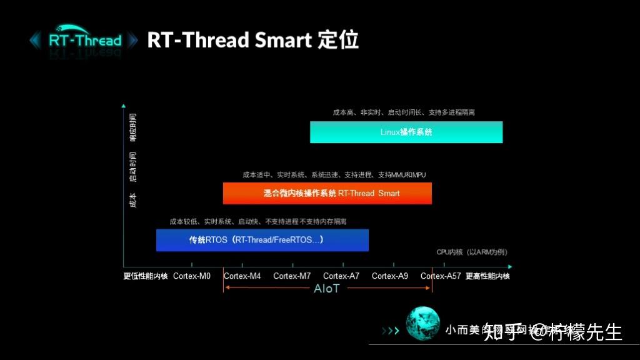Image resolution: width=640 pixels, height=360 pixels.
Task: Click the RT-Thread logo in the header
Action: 84,41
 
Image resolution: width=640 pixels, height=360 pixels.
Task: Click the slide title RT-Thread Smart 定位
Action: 252,40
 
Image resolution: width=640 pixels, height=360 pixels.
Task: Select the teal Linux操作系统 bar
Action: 406,132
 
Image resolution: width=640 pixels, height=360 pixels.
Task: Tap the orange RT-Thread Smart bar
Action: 327,193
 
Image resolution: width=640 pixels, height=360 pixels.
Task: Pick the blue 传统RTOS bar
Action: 262,240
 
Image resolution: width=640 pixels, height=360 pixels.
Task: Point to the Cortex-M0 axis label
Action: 192,276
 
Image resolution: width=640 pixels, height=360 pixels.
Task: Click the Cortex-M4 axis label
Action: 242,276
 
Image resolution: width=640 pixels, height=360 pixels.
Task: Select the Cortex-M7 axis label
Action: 292,276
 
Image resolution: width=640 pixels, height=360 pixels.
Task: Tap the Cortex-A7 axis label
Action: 341,276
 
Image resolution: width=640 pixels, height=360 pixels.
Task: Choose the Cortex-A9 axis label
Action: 390,276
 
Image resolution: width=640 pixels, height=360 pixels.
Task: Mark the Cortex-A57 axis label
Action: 441,276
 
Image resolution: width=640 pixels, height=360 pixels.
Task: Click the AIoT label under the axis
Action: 327,289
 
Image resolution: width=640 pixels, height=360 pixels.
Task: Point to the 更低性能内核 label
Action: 146,276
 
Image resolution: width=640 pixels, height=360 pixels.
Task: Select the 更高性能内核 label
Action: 487,276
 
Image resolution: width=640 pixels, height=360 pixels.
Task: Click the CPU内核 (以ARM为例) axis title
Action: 471,252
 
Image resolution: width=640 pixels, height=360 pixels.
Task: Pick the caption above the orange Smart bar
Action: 334,175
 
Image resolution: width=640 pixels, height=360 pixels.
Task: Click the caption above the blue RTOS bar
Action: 257,221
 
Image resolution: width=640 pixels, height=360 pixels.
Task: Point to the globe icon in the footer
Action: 422,324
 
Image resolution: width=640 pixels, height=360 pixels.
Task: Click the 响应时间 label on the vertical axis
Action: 132,128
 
